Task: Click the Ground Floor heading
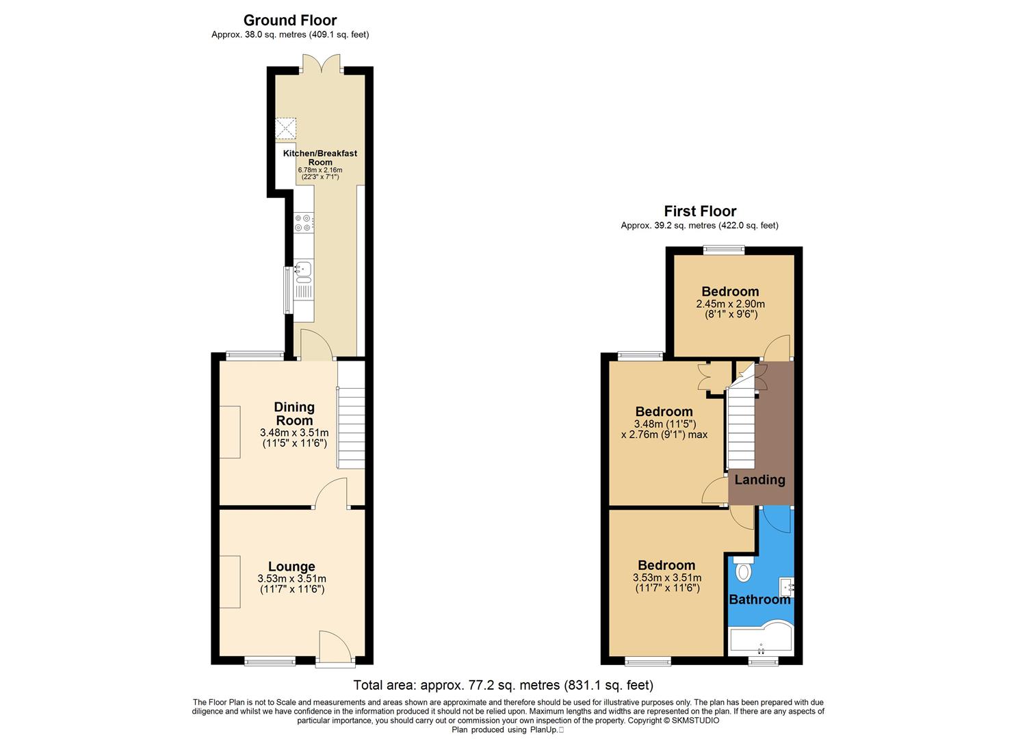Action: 290,21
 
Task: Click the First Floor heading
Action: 700,211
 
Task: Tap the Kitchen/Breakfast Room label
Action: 320,157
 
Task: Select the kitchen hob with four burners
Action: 303,223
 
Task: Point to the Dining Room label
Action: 294,414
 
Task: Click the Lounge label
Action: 291,567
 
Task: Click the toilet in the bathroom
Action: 742,570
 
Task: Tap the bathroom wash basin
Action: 787,586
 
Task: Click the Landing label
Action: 759,480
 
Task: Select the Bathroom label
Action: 759,600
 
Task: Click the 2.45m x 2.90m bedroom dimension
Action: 730,304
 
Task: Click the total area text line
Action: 503,685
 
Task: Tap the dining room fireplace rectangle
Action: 230,432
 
